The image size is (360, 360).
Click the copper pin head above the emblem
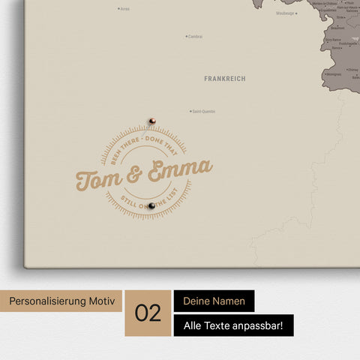[151, 120]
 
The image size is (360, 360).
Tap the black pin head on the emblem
[151, 205]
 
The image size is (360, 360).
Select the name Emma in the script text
[178, 171]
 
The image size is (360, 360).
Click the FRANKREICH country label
[224, 79]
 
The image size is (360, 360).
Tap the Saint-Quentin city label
[204, 112]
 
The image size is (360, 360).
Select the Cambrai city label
[195, 36]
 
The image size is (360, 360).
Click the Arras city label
[124, 9]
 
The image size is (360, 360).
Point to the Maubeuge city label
[285, 13]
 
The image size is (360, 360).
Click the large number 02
[148, 313]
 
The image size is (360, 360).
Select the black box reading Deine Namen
[214, 301]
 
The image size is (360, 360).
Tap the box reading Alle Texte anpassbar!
[233, 325]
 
